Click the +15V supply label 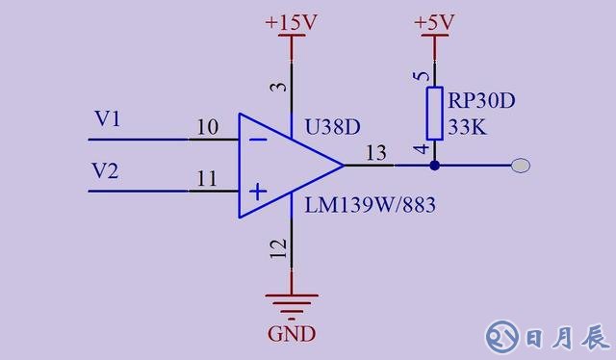click(291, 20)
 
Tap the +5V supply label click(434, 21)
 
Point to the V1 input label click(108, 119)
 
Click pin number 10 click(206, 127)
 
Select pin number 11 click(206, 178)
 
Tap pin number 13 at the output click(375, 153)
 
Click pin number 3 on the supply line click(279, 88)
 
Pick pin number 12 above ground click(279, 249)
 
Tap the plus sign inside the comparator click(257, 192)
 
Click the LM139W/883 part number click(363, 205)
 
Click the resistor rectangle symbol click(434, 113)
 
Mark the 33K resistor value click(467, 125)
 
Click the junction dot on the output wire click(434, 166)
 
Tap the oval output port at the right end click(520, 166)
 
